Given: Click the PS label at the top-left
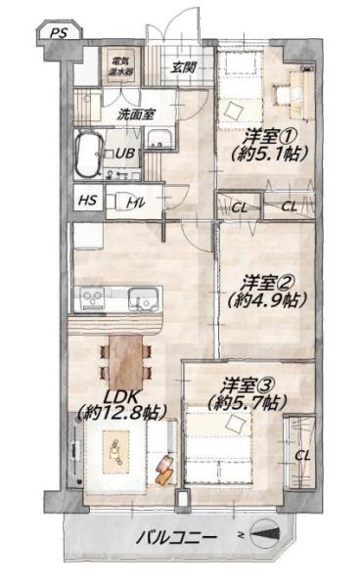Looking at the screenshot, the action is tap(59, 33).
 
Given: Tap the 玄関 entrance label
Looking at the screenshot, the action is tap(184, 68).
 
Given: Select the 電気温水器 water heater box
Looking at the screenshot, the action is tap(121, 66).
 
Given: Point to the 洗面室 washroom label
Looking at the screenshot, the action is tap(135, 114).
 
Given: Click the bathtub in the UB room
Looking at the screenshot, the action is tap(88, 154).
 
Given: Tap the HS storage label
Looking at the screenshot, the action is tap(88, 201).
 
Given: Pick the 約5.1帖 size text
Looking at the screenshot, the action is tap(269, 154).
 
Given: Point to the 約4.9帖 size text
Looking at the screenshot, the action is tap(267, 300).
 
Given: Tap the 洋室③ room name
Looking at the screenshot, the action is tap(248, 385).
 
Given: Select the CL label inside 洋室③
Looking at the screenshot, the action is tap(302, 456).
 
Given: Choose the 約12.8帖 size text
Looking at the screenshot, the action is tap(121, 413).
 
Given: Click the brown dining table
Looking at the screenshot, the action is tap(126, 362).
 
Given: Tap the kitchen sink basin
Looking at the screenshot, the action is tap(143, 298).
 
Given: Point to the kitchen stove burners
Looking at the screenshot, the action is tap(93, 298).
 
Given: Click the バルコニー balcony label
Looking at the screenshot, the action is tap(176, 539).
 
